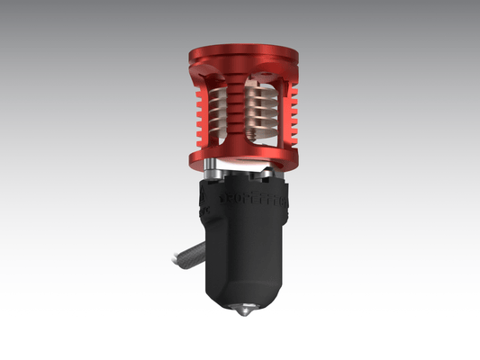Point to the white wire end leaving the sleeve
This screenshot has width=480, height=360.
point(171,261)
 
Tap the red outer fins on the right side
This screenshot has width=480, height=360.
point(287,112)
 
